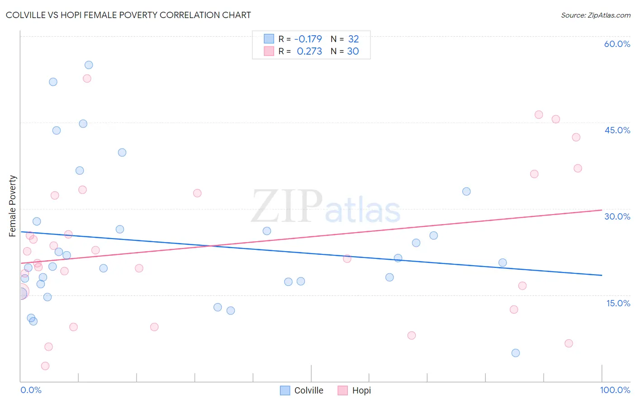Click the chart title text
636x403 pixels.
[x=128, y=15]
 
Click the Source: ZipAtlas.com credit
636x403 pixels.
[x=595, y=15]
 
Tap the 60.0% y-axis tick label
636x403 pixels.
[x=617, y=44]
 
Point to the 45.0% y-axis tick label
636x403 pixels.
[x=617, y=130]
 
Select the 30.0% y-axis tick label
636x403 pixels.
[x=617, y=216]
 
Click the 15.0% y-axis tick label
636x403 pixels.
[x=618, y=303]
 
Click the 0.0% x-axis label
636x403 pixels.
[x=31, y=390]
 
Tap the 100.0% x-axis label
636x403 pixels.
[x=615, y=390]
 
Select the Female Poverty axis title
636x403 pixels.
[x=13, y=206]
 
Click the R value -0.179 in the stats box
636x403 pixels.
[x=308, y=39]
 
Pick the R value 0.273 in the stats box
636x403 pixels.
[x=309, y=51]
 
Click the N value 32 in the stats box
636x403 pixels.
[x=353, y=39]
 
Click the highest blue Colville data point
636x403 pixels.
[x=89, y=65]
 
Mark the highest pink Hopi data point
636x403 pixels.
[x=87, y=79]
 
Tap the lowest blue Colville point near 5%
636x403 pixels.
[x=516, y=353]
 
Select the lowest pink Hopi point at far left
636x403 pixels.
[x=45, y=366]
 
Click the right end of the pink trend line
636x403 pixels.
[x=601, y=210]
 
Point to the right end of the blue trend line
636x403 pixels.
[x=601, y=275]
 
